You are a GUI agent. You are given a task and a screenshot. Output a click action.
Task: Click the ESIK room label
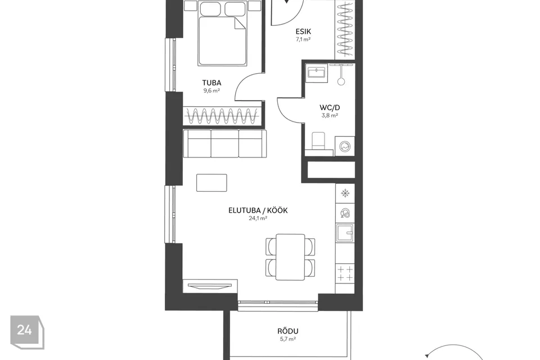point(303,31)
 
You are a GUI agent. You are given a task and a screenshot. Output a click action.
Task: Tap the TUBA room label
point(211,83)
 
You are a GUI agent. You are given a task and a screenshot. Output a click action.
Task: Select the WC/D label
point(330,107)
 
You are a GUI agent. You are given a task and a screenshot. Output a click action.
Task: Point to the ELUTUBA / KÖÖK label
point(258,210)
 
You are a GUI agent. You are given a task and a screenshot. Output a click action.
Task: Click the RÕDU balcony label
point(288,331)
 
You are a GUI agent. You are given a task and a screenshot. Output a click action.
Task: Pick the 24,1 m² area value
point(258,218)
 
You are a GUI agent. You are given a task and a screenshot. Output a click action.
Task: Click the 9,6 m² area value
point(211,91)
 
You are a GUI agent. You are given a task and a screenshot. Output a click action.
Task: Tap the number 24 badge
point(27,332)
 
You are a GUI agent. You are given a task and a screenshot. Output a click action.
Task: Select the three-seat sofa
point(224,143)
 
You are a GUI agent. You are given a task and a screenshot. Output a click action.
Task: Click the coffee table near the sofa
point(211,183)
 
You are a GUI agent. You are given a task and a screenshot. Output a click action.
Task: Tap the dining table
point(290,257)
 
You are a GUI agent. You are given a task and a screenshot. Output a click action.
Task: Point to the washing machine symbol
point(345,146)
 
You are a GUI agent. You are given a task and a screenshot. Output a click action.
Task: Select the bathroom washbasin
point(316,73)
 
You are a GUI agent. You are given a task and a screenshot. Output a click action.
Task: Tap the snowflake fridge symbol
point(345,193)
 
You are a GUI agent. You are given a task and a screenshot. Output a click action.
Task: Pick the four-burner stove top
point(345,273)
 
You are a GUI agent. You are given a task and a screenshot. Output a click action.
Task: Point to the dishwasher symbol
point(345,213)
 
